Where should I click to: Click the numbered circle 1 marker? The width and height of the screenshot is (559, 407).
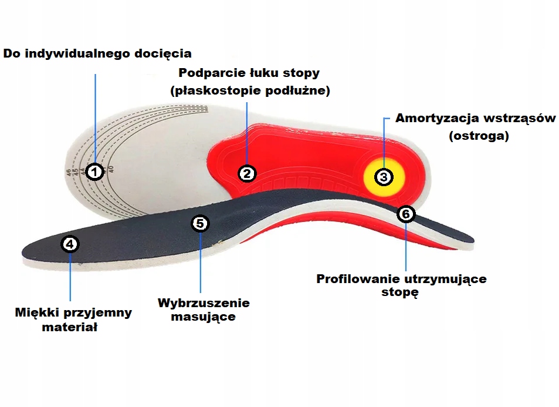point(94,172)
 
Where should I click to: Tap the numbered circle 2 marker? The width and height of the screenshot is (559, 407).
point(247,173)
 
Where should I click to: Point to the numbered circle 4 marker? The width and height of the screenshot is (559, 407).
point(70,244)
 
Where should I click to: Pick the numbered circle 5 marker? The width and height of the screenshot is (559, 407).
point(200,223)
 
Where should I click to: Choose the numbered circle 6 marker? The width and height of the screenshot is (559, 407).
point(405,214)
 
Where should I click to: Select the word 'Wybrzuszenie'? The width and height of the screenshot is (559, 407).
point(204,303)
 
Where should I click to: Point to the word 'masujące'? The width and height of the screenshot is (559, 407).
point(203,317)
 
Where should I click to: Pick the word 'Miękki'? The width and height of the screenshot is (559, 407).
point(35,312)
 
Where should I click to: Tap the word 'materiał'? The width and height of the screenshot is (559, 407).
point(69,327)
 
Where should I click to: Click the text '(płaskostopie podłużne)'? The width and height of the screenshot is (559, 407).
point(250,91)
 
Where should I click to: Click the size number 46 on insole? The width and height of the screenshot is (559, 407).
point(69,173)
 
